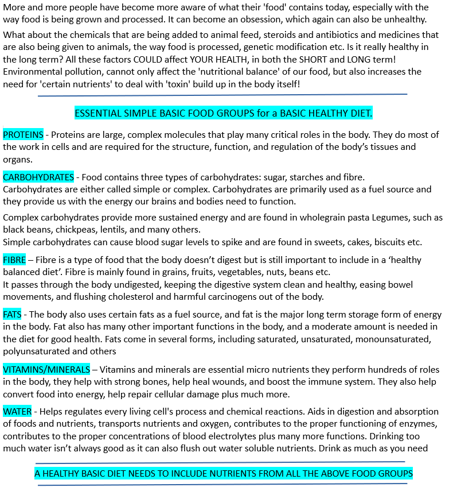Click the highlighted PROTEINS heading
[23, 135]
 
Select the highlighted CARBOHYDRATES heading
[38, 177]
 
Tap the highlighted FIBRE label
[14, 260]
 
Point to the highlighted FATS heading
[13, 315]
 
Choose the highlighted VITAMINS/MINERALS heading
[46, 370]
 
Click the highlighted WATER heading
[17, 412]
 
